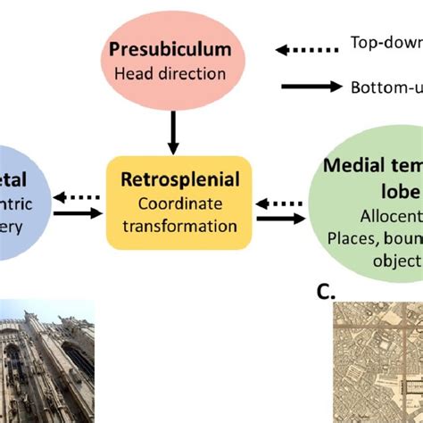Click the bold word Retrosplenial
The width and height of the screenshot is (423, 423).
pos(173,180)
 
